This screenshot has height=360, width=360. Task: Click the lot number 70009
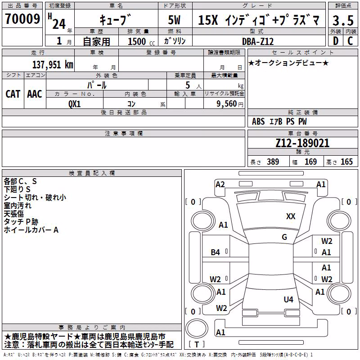(22, 18)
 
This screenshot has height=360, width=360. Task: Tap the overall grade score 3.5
(343, 20)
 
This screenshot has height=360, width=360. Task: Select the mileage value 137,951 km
(53, 65)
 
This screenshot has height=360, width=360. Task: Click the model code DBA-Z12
(258, 41)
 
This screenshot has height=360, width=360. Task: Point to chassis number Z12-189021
(302, 143)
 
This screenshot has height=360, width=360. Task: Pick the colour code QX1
(74, 104)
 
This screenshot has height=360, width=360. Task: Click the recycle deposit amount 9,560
(227, 104)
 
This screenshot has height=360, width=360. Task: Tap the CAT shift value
(13, 94)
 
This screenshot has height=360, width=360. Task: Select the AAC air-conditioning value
(35, 94)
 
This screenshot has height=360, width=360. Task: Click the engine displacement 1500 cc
(141, 41)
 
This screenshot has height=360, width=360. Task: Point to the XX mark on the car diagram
(291, 216)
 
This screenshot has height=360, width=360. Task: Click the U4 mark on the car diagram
(288, 299)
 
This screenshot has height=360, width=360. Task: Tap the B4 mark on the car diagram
(216, 252)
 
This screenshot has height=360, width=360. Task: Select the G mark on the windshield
(284, 237)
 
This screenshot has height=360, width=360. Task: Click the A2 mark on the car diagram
(220, 184)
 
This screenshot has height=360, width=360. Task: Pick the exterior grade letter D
(336, 41)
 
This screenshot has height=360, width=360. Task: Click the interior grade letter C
(350, 41)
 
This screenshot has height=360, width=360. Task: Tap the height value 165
(346, 162)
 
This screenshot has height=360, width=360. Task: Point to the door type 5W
(174, 20)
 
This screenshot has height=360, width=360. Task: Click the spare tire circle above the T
(197, 328)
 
